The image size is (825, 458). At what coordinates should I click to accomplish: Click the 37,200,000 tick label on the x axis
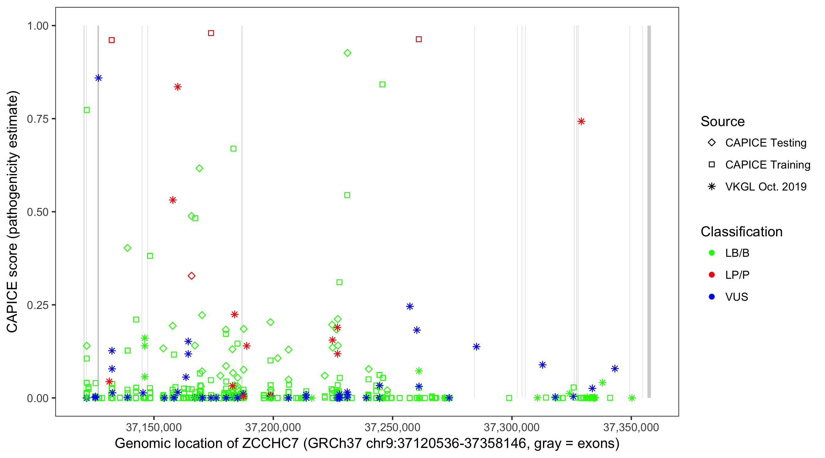tap(273, 427)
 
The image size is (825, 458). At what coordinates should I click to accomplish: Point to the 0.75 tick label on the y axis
tap(37, 119)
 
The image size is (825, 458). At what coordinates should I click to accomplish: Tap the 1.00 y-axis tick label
tap(37, 26)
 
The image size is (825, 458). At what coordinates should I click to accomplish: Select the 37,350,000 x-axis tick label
tap(631, 427)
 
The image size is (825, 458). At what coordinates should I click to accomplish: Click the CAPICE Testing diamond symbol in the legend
tap(712, 143)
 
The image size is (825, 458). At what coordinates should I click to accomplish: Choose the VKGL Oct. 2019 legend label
tap(766, 187)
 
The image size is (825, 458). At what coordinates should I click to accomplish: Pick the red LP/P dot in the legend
tap(712, 275)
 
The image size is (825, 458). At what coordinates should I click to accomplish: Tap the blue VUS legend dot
tap(712, 297)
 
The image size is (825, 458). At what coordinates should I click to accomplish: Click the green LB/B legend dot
tap(712, 253)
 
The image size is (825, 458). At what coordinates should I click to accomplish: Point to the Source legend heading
tap(723, 122)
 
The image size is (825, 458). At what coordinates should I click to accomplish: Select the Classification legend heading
tap(741, 232)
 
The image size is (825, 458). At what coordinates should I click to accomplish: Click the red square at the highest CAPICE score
tap(211, 33)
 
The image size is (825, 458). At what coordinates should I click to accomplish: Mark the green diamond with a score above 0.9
tap(347, 53)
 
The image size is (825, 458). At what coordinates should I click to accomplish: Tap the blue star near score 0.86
tap(98, 78)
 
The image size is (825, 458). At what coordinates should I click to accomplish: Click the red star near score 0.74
tap(581, 121)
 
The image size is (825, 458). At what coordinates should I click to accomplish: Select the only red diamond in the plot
tap(192, 276)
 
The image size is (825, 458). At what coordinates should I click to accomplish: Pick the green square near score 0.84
tap(382, 85)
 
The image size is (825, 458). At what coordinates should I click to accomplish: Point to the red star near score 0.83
tap(178, 87)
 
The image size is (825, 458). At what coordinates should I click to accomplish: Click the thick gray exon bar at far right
tap(649, 211)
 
